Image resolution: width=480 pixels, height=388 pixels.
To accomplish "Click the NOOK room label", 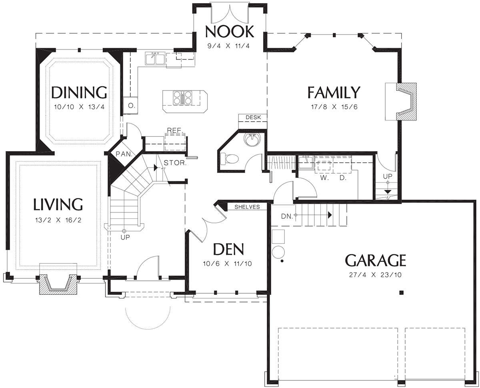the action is [230, 32].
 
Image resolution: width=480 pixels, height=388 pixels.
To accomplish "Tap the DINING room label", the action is [79, 92].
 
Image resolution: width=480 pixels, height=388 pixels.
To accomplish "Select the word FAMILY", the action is [334, 92].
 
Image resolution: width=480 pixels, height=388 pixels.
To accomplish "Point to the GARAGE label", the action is [376, 260].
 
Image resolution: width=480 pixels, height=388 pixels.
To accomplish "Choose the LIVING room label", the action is [58, 204].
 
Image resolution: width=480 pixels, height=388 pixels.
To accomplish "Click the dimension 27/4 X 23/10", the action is [376, 275].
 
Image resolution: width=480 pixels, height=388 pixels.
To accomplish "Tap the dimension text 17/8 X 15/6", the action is [334, 107].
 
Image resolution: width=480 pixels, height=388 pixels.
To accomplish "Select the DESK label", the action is [253, 117].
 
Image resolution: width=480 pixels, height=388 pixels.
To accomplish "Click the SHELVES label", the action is [247, 207].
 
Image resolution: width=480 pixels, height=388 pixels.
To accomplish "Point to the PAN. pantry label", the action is [124, 154].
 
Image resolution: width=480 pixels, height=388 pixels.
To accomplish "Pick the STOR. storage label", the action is [175, 163].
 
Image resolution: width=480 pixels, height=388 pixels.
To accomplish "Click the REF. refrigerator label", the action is [174, 130].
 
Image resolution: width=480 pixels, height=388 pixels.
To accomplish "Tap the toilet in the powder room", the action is [229, 158].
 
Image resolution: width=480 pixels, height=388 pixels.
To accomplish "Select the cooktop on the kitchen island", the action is [182, 98].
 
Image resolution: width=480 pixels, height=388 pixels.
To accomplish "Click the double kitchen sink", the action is [155, 58].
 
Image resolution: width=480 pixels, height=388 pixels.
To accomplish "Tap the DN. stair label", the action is [287, 216].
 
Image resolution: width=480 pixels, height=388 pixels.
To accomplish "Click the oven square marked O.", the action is [130, 106].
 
